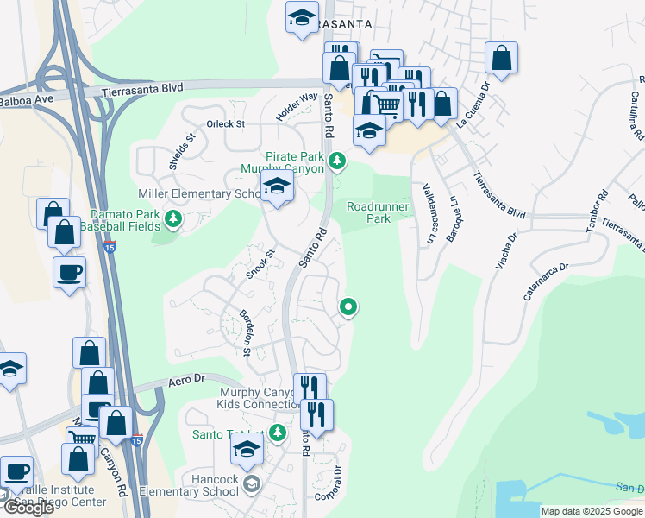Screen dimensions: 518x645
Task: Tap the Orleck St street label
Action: click(227, 124)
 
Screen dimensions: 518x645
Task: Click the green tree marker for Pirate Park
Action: click(338, 160)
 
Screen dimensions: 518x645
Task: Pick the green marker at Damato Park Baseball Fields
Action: click(173, 219)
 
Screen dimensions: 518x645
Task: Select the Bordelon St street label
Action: click(244, 332)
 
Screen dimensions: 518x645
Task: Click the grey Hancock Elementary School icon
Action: click(251, 480)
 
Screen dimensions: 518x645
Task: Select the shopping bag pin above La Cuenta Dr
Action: click(501, 59)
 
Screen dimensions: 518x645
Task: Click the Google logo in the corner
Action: click(29, 508)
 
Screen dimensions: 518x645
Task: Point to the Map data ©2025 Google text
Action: click(592, 511)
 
